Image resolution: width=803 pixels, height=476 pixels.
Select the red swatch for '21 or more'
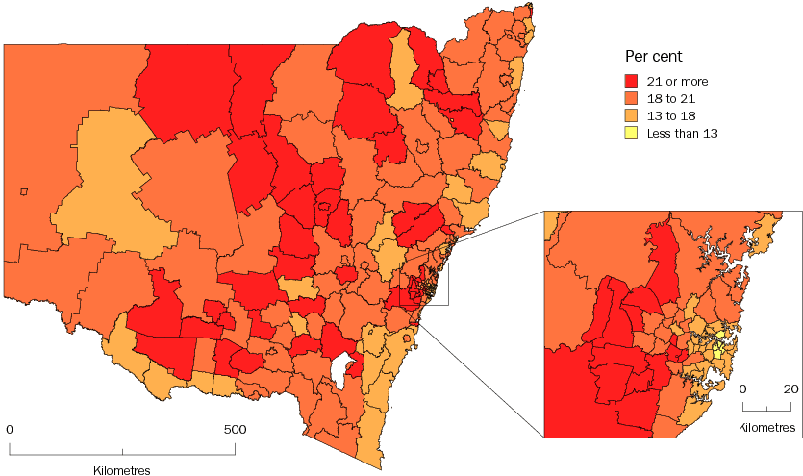[632, 81]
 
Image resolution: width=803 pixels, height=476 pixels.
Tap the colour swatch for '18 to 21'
[632, 98]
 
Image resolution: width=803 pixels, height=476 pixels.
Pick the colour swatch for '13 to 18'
[632, 115]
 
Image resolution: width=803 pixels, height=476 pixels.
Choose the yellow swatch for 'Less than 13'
[632, 133]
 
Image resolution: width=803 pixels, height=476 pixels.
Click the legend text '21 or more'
[678, 81]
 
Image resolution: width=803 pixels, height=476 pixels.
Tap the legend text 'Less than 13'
[683, 133]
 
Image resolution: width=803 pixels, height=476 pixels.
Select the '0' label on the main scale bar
[10, 429]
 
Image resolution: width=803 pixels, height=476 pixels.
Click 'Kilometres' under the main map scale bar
[122, 469]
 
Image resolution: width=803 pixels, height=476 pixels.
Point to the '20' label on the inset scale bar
[790, 389]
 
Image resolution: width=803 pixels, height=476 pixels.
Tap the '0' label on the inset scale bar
[743, 389]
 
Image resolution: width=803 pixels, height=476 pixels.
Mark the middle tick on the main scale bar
[122, 450]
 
